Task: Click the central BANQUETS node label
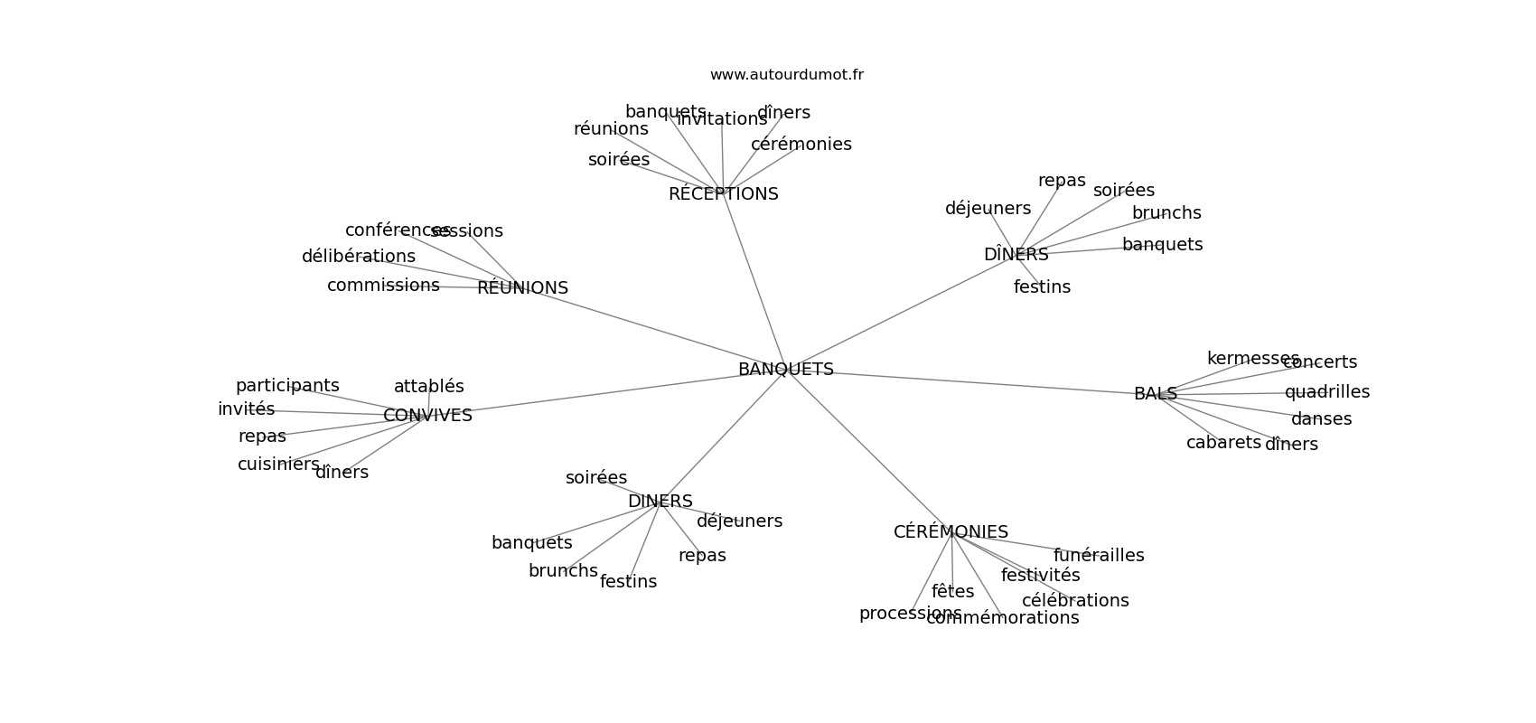[x=785, y=370]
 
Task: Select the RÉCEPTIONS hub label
[x=723, y=194]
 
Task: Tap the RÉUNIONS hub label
[x=522, y=288]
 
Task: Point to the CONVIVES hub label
[x=427, y=416]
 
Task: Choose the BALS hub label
[x=1155, y=394]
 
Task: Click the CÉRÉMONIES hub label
[x=951, y=532]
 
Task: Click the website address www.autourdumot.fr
[x=786, y=75]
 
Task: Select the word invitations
[x=722, y=119]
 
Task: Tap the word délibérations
[x=358, y=257]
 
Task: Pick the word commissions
[x=383, y=286]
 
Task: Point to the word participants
[x=287, y=386]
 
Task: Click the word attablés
[x=428, y=387]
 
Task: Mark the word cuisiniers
[x=278, y=465]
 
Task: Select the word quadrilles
[x=1326, y=392]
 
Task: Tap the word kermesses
[x=1252, y=359]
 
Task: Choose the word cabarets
[x=1223, y=443]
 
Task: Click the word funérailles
[x=1099, y=556]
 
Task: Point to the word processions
[x=910, y=614]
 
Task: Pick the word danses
[x=1321, y=419]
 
